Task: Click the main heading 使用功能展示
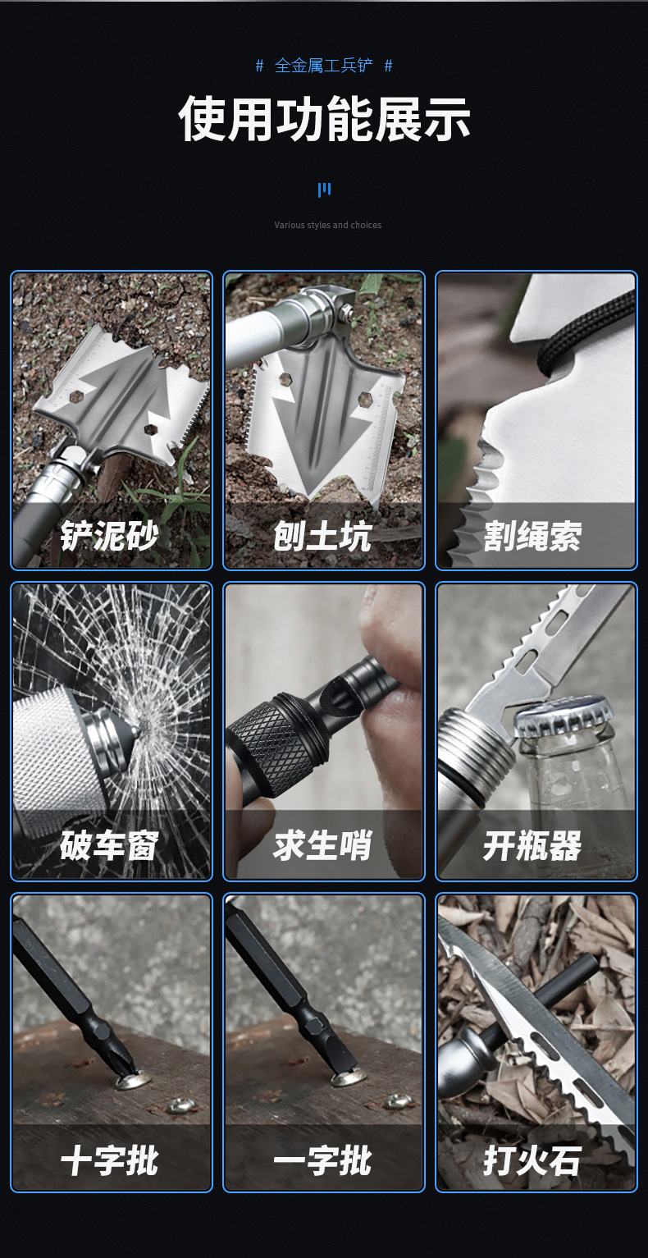click(324, 120)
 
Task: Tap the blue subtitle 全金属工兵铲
click(324, 66)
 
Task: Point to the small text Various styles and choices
click(327, 225)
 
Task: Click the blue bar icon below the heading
click(324, 190)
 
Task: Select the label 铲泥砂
click(109, 536)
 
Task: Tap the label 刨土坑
click(322, 536)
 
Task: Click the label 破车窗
click(109, 846)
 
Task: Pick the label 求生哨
click(322, 846)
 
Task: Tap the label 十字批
click(109, 1161)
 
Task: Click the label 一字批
click(322, 1161)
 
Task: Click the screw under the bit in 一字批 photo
click(348, 1077)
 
